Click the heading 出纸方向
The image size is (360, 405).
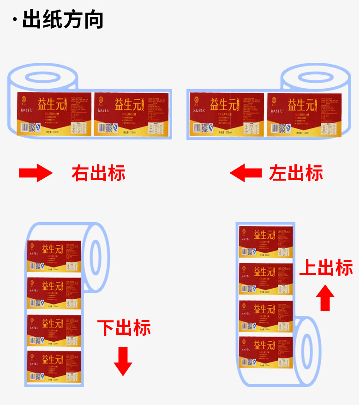(x=63, y=20)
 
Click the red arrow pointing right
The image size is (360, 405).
(x=36, y=173)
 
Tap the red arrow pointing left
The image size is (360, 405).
(x=246, y=173)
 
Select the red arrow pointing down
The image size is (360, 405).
(x=123, y=361)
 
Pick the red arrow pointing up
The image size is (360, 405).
(x=327, y=297)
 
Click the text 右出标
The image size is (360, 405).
(x=98, y=173)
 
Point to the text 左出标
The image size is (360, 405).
(x=296, y=173)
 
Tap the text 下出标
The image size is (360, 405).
(x=124, y=327)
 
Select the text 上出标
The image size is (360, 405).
(x=326, y=267)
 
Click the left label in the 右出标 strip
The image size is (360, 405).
(x=54, y=114)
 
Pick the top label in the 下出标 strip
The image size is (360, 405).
(x=54, y=256)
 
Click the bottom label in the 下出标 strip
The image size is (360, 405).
(x=54, y=367)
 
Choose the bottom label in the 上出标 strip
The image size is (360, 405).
(x=266, y=352)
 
